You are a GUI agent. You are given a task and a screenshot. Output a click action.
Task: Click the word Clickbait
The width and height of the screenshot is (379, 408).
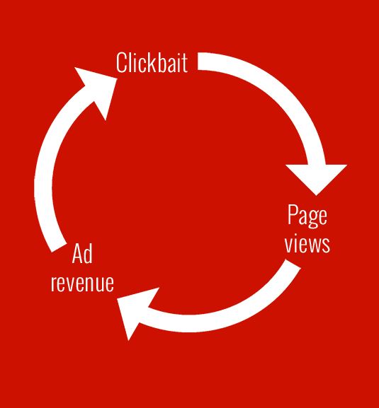tap(152, 62)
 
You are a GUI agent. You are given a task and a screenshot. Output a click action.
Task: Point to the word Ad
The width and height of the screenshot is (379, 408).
tap(82, 253)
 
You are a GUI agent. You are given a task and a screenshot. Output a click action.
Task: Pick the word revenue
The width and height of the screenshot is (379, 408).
tap(82, 283)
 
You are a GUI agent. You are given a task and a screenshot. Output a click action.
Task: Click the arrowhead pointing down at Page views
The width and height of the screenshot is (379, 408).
tap(316, 180)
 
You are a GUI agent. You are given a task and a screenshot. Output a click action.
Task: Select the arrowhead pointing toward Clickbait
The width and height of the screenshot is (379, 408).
tap(98, 90)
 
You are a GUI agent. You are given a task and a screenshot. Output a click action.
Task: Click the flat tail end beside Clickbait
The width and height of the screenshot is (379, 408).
tap(198, 62)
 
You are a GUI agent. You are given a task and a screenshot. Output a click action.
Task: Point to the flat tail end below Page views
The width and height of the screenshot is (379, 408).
tap(293, 264)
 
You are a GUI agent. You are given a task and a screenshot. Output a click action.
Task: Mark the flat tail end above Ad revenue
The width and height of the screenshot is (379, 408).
tap(60, 248)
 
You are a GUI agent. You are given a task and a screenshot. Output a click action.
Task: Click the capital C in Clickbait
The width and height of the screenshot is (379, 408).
tap(121, 62)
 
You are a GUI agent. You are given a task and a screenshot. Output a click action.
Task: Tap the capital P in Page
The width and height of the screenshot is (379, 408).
tap(293, 214)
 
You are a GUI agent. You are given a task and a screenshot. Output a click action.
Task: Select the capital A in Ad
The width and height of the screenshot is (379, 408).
tap(77, 254)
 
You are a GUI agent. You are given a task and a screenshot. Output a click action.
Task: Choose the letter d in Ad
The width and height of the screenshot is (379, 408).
tap(88, 254)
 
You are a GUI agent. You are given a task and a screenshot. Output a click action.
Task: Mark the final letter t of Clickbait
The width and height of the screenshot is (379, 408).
tap(185, 64)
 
